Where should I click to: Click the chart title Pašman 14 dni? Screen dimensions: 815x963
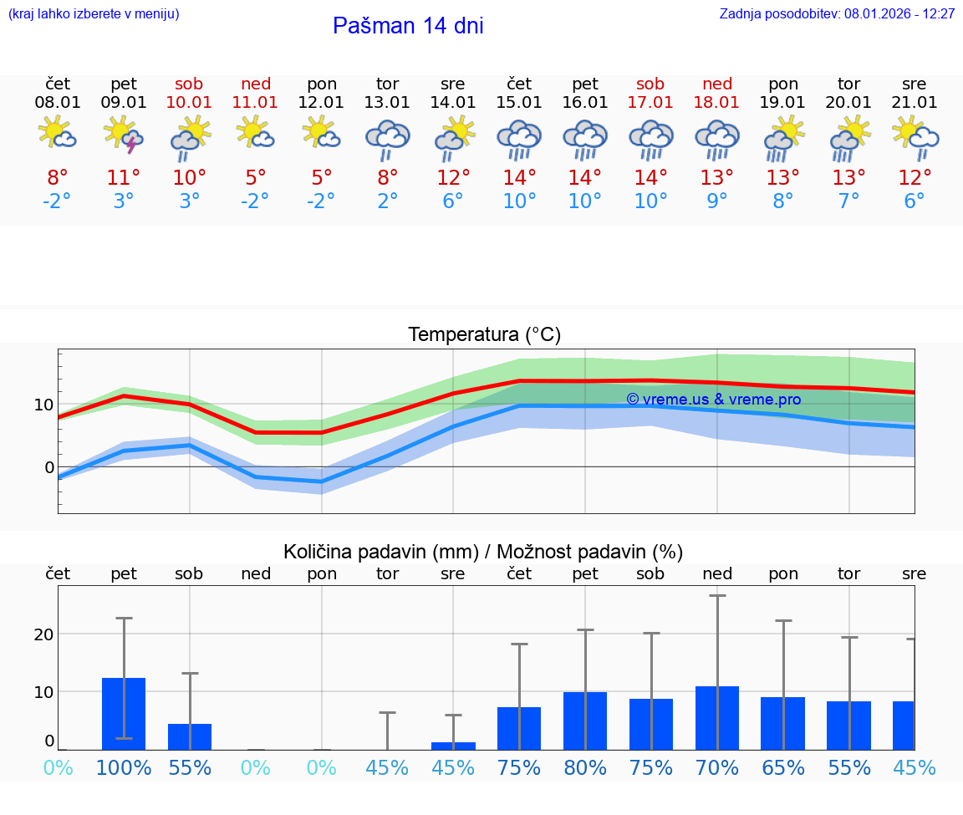point(408,26)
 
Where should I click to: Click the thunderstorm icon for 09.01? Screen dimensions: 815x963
point(124,135)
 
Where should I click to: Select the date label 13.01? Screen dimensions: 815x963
point(387,103)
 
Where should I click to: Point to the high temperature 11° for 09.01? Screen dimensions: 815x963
point(124,178)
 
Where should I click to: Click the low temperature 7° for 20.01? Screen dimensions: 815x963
point(849,201)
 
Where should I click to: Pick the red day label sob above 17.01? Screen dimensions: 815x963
point(650,84)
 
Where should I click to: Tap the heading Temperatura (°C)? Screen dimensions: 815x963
point(484,335)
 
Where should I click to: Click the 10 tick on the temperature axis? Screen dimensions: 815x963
point(43,405)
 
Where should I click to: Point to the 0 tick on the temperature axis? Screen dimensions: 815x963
point(49,467)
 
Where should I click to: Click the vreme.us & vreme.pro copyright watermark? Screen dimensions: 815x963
point(713,400)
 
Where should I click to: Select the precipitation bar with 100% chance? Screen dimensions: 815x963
point(124,714)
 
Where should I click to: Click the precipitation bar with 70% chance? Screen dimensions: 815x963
point(717,718)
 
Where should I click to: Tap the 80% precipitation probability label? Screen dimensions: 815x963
point(585,767)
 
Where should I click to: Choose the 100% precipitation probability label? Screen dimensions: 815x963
point(124,767)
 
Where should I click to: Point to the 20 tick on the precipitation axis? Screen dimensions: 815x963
point(43,634)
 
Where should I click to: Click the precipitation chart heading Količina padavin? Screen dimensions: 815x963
point(483,552)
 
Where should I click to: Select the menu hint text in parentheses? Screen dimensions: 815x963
point(93,14)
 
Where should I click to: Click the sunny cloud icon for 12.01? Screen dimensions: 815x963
point(322,132)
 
